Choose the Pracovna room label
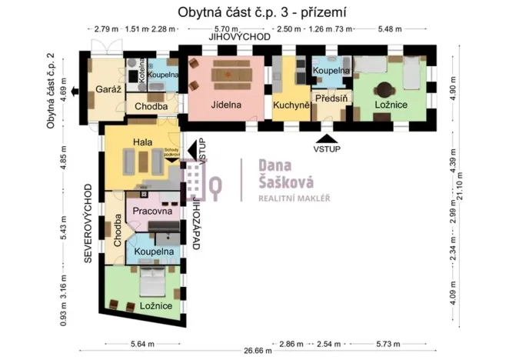point(151,211)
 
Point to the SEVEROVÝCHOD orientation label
point(88,224)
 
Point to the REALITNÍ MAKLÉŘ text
point(293,198)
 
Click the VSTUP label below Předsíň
point(327,148)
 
